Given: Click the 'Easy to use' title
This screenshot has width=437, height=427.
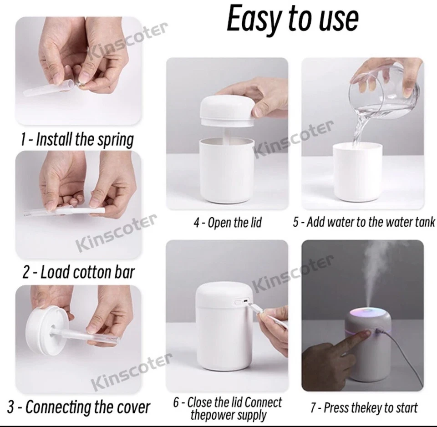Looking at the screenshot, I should [293, 20].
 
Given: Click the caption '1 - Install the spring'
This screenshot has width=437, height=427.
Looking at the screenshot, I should [77, 139].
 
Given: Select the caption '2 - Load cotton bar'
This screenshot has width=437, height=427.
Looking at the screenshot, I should [79, 272].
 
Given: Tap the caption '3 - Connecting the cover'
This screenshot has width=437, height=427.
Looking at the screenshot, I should [79, 407].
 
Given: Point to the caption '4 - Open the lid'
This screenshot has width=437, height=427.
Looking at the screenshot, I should [228, 223].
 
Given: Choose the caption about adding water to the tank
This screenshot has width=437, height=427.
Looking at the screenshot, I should [364, 222].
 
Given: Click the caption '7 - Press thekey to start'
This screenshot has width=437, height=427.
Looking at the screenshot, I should [364, 407].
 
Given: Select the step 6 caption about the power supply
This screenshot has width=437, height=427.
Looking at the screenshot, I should [228, 408].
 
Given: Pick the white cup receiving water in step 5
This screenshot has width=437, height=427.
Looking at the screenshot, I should [357, 172].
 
